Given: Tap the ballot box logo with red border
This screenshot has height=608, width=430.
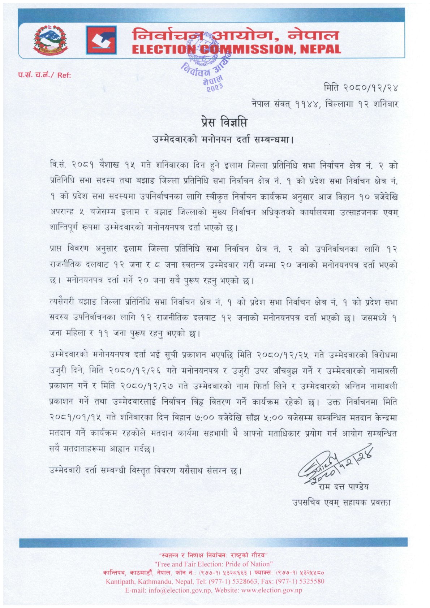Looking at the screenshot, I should pyautogui.click(x=101, y=40).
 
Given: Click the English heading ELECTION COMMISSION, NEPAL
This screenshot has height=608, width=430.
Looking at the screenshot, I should pyautogui.click(x=236, y=49).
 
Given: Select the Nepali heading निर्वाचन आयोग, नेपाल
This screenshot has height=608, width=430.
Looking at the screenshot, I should pyautogui.click(x=236, y=35).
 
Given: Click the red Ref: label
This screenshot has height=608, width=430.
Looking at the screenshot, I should pyautogui.click(x=64, y=75).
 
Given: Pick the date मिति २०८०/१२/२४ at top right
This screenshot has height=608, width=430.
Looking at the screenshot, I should pyautogui.click(x=361, y=88).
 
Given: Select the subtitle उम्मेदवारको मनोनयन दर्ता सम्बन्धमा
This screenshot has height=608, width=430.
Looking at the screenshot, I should pyautogui.click(x=223, y=139).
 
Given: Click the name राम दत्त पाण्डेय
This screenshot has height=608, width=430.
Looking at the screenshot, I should pyautogui.click(x=344, y=486).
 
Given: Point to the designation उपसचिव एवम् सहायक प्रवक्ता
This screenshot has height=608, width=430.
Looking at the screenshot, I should pyautogui.click(x=341, y=502).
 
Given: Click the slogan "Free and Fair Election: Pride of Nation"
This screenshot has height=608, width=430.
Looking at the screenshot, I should pyautogui.click(x=213, y=564).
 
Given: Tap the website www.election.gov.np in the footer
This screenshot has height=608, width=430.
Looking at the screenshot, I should pyautogui.click(x=271, y=590).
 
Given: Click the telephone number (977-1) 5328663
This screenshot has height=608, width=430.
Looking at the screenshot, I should pyautogui.click(x=228, y=581).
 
